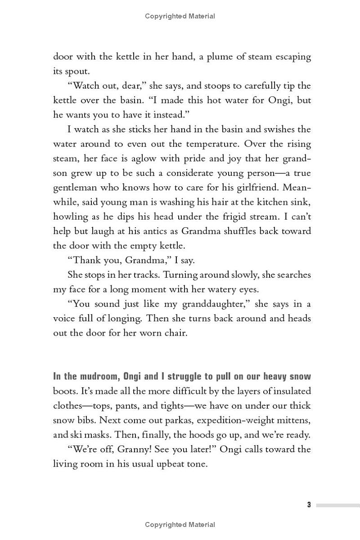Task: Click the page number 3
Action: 309,504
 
